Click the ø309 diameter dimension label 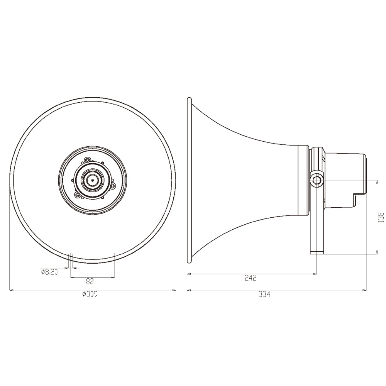click(x=90, y=294)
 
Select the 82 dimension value click(x=90, y=281)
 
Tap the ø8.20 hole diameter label click(x=49, y=272)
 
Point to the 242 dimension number click(x=251, y=278)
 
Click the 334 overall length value click(x=264, y=294)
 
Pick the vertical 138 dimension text click(x=381, y=217)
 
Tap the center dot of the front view click(x=93, y=180)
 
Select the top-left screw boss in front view click(x=87, y=160)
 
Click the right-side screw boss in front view click(x=113, y=186)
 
